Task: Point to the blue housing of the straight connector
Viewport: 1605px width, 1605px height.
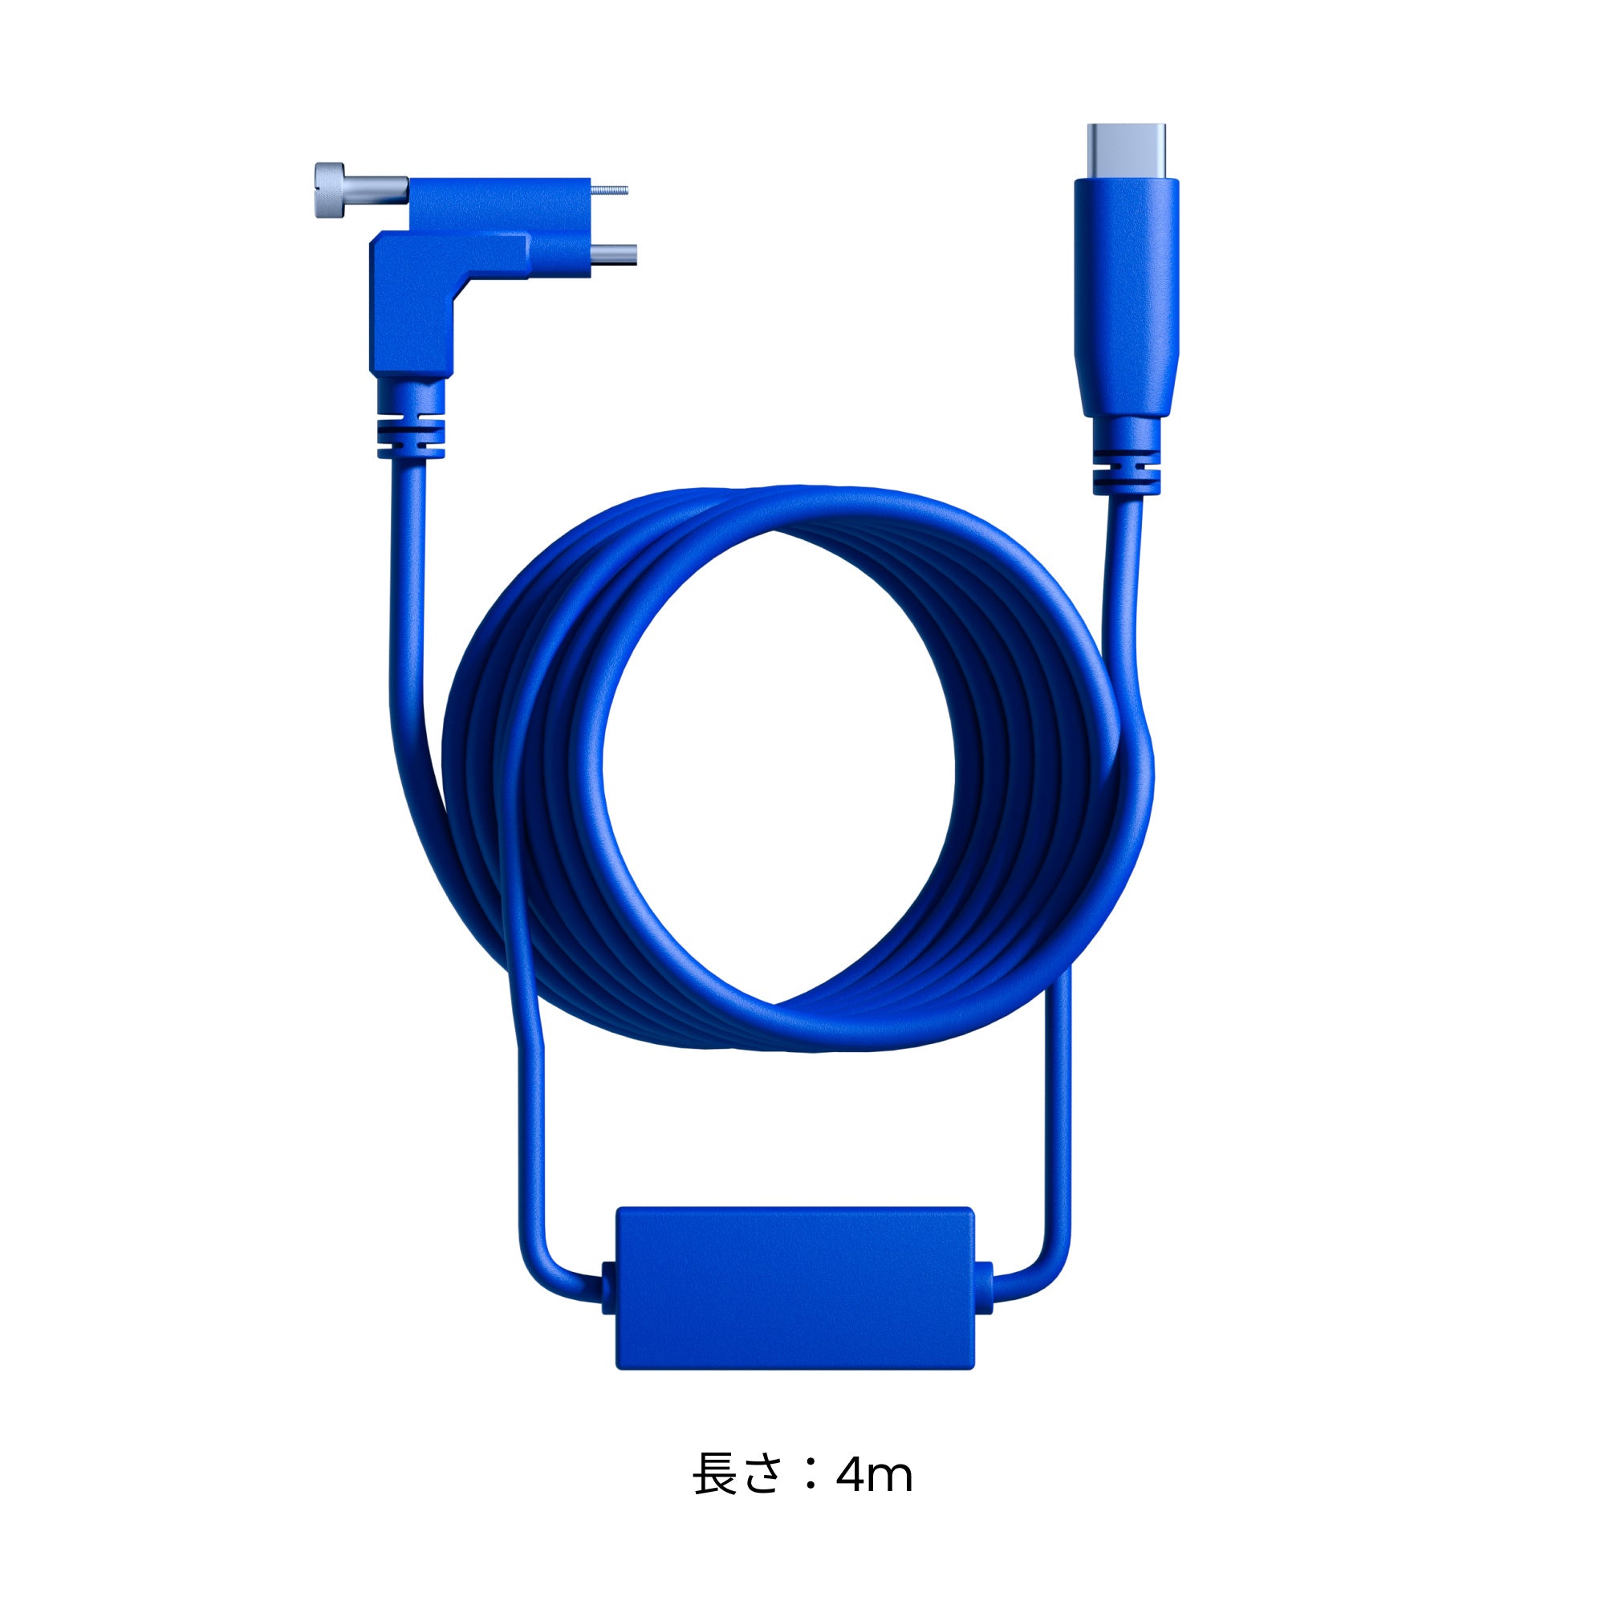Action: [1127, 299]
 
